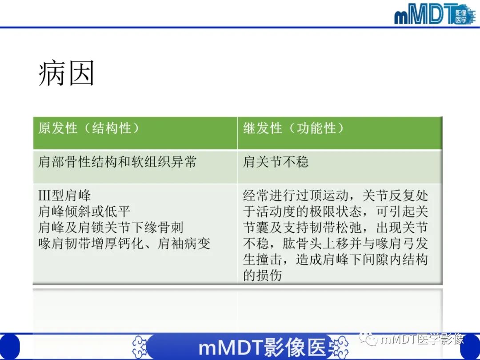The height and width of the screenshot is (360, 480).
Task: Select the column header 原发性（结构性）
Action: [x=89, y=128]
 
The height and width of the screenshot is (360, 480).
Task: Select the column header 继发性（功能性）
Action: [x=293, y=128]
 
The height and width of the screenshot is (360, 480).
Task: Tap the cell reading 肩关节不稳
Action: [x=276, y=162]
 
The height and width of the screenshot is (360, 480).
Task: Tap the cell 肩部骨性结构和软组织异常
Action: [x=117, y=162]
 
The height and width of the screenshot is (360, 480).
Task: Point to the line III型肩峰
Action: [x=64, y=196]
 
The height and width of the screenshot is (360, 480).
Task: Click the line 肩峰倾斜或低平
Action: [x=84, y=212]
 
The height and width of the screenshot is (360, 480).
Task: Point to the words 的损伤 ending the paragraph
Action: [x=263, y=276]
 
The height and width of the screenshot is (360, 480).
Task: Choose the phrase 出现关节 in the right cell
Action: [x=402, y=228]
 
